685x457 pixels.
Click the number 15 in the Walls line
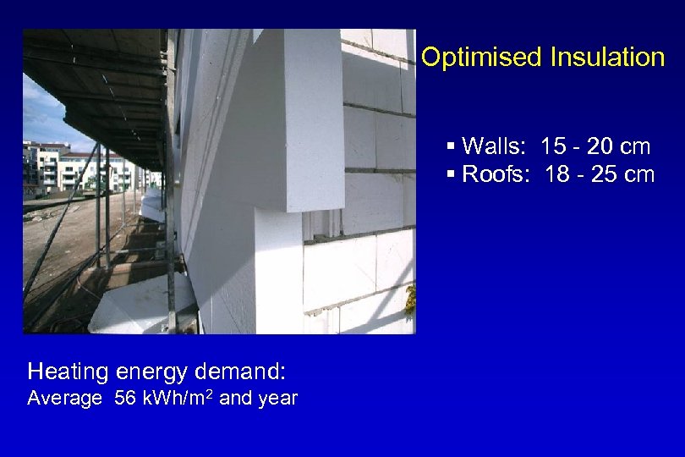(x=553, y=146)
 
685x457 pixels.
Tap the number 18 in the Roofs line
(x=558, y=174)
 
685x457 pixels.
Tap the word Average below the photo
(x=64, y=399)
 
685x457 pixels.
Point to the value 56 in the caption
(x=124, y=399)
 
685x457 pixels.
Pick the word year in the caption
(x=277, y=399)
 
